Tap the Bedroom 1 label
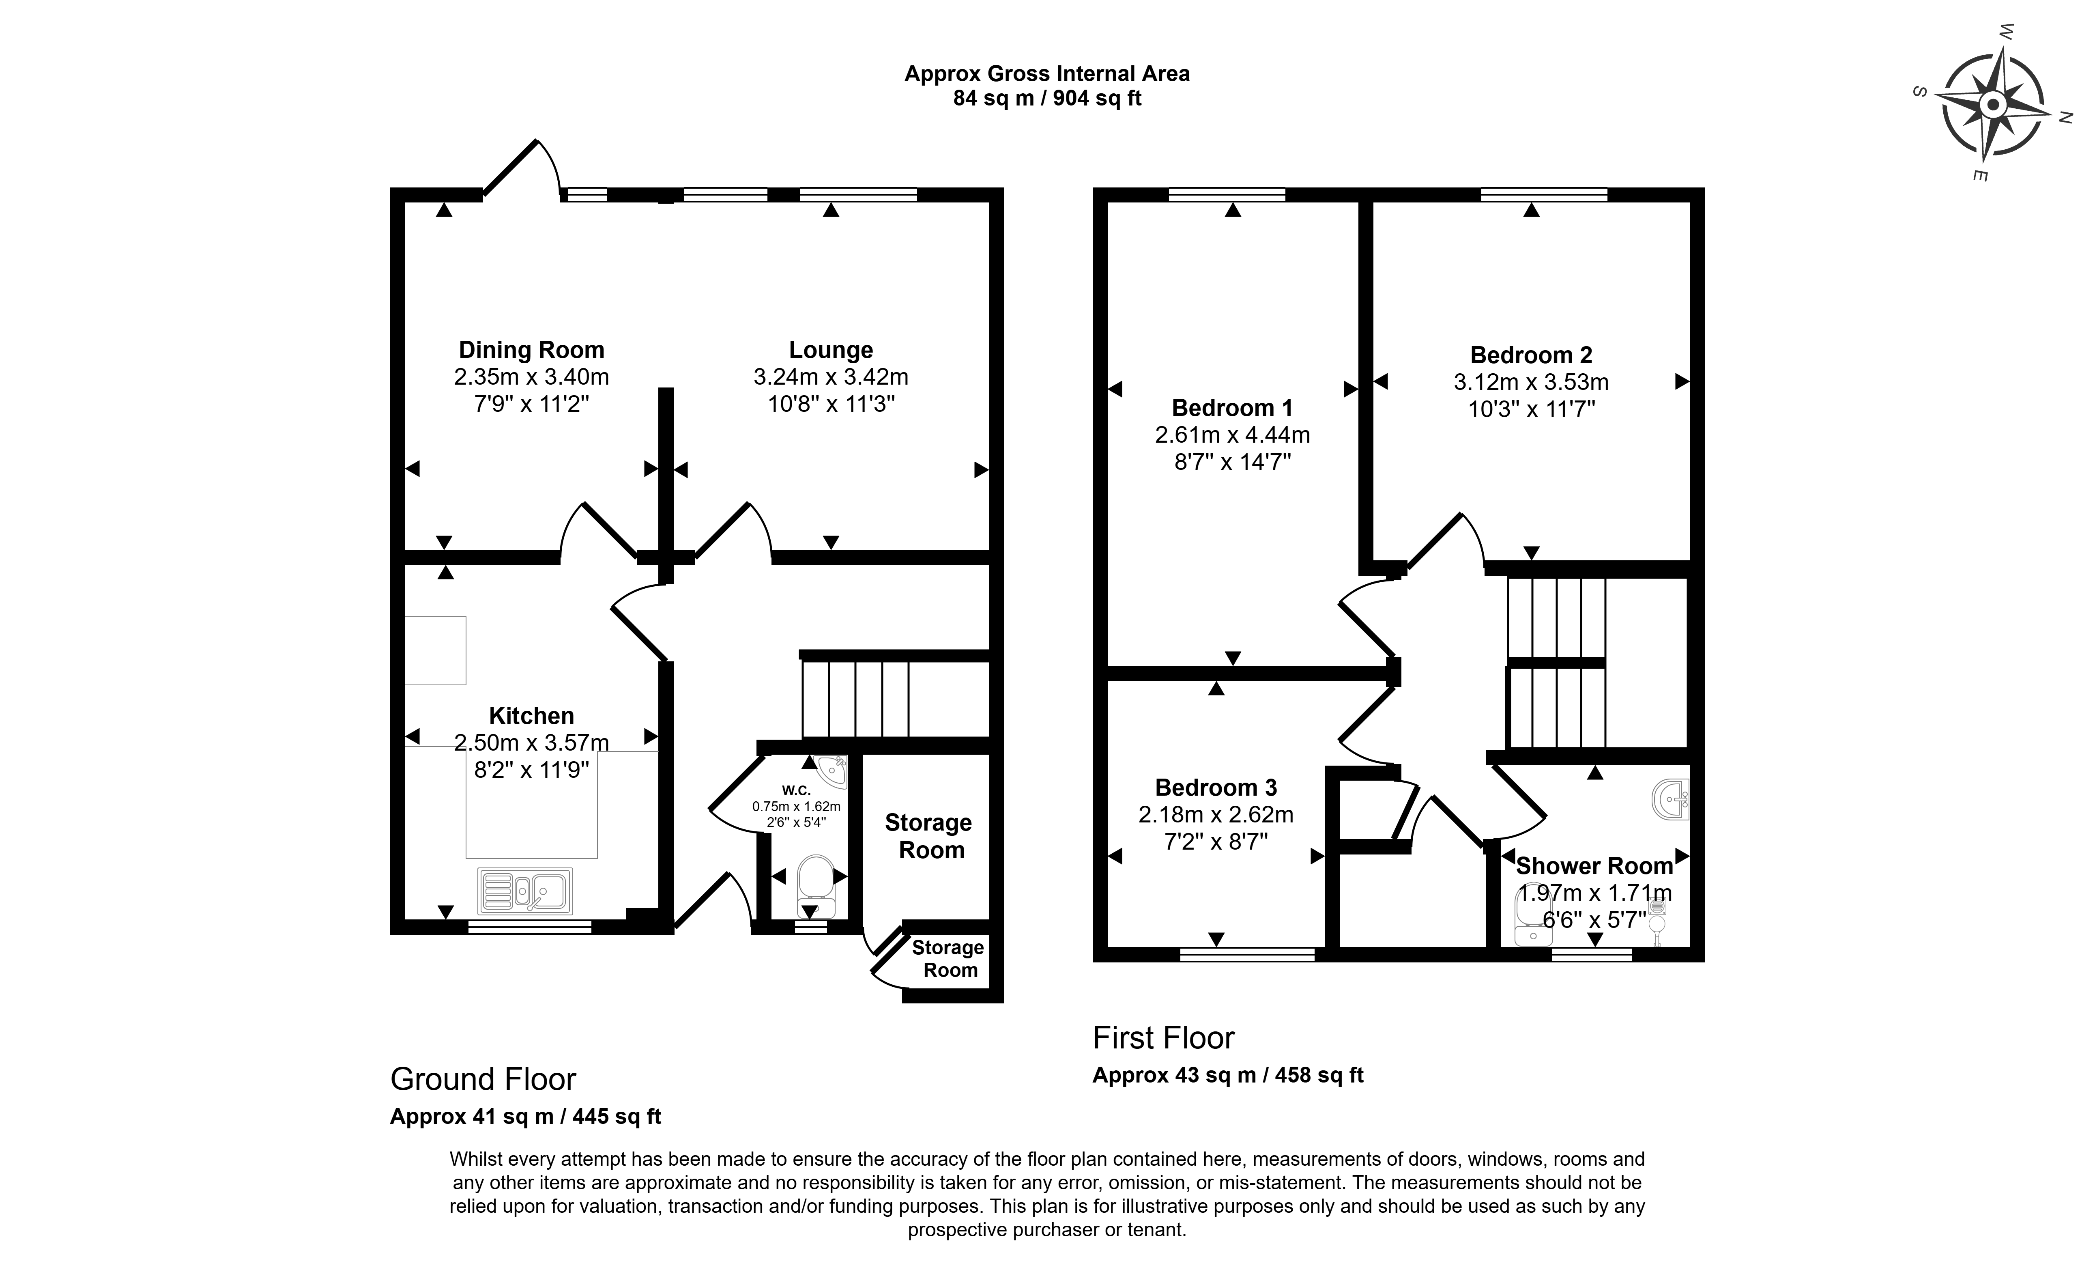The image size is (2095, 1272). [x=1232, y=408]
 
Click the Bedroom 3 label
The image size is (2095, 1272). [x=1216, y=788]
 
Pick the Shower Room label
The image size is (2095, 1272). [x=1594, y=865]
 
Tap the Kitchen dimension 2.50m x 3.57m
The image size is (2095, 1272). [x=531, y=742]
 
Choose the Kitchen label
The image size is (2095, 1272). [x=531, y=716]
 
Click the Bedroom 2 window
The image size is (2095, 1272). [x=1544, y=194]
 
